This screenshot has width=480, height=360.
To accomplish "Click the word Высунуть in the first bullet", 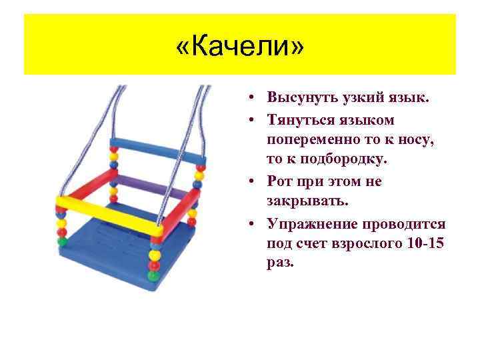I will point(297,99).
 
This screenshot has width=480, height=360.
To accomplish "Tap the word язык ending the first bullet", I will point(409,99).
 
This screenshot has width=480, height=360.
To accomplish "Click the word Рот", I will point(281,181).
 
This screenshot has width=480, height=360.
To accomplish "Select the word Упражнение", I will point(309,223).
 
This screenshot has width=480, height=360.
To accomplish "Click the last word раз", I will point(279,264).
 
